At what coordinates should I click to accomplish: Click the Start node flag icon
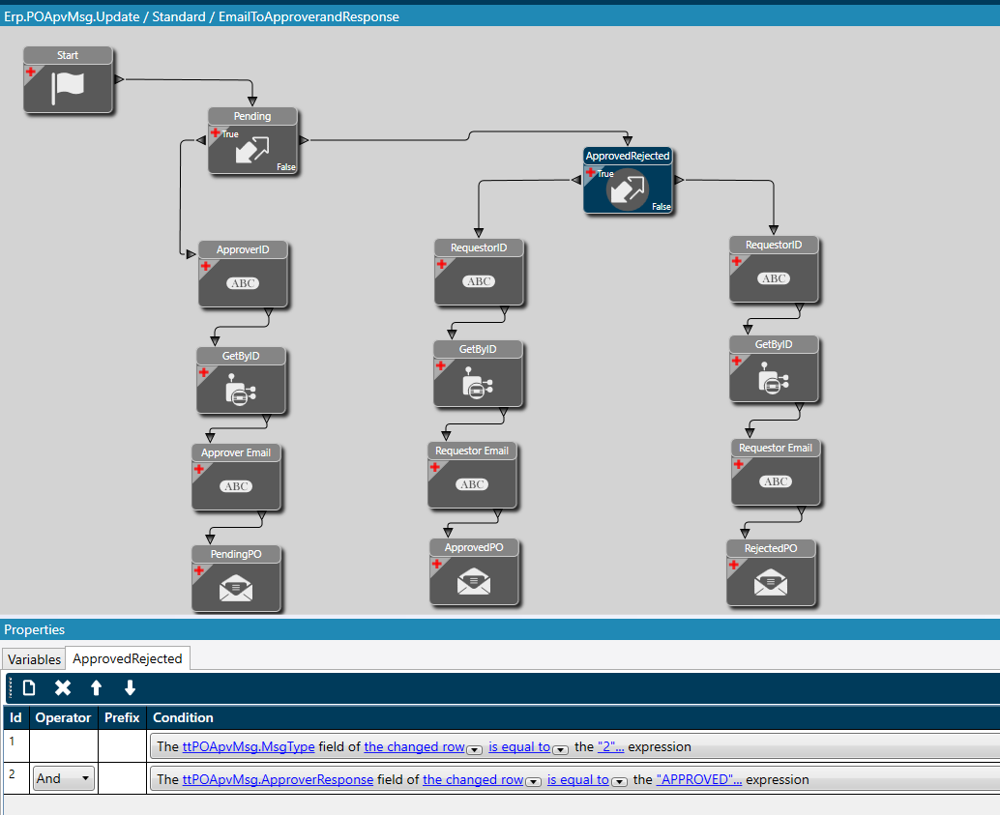(x=68, y=85)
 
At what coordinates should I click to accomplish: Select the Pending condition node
(x=253, y=146)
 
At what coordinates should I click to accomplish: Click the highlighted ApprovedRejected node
(x=628, y=187)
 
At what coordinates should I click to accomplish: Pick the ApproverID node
(x=243, y=280)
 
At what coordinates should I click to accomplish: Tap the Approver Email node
(x=236, y=483)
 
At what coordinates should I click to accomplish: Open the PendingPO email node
(x=236, y=586)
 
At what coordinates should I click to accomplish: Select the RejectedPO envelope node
(x=771, y=581)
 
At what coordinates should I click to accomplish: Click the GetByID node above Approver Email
(x=241, y=387)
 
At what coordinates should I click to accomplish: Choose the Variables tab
(x=34, y=659)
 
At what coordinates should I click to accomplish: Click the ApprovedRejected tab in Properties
(x=128, y=658)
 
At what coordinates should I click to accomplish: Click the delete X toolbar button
(x=63, y=688)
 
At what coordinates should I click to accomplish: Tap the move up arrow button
(x=96, y=688)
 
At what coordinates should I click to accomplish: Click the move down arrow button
(x=130, y=688)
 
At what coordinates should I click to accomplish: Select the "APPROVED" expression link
(x=698, y=779)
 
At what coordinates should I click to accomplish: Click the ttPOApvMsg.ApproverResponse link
(x=278, y=779)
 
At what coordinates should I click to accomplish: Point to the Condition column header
(x=183, y=717)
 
